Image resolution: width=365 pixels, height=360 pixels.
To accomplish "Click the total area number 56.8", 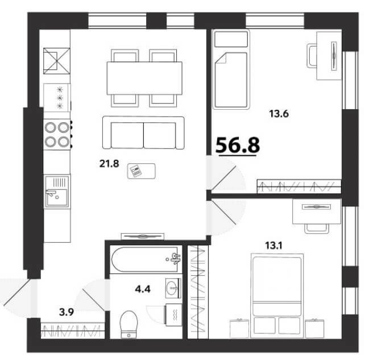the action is [x=238, y=145].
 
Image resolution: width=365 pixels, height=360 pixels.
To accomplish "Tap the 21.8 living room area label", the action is [x=109, y=164].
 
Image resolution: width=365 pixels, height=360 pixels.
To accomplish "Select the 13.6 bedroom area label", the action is [x=279, y=114].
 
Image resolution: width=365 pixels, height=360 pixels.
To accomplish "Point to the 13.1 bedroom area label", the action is [x=273, y=246].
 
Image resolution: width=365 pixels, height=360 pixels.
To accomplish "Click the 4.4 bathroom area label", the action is [x=143, y=289].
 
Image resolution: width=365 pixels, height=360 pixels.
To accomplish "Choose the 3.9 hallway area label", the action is [x=67, y=312].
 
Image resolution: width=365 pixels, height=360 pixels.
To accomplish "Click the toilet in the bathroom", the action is [x=128, y=324].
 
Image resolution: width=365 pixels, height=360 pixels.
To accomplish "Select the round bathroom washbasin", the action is [x=173, y=288].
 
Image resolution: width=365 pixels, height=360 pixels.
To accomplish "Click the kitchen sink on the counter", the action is [x=57, y=192].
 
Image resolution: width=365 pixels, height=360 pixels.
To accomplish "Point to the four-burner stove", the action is [x=57, y=134].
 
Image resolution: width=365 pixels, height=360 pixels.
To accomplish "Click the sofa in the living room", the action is [x=143, y=133].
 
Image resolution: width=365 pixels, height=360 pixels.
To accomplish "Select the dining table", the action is [x=144, y=78].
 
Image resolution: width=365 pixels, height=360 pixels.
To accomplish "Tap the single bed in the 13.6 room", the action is [x=231, y=69].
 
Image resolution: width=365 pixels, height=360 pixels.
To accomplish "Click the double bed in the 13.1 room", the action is [x=277, y=295].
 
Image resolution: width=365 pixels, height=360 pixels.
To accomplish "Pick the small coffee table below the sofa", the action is [x=142, y=171].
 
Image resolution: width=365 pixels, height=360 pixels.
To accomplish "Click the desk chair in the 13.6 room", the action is [x=312, y=56].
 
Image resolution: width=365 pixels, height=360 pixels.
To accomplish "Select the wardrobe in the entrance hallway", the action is [x=72, y=330].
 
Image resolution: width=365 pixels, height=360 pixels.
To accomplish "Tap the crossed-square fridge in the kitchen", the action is [x=57, y=61].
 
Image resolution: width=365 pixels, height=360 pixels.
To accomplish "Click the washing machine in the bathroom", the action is [x=173, y=315].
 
